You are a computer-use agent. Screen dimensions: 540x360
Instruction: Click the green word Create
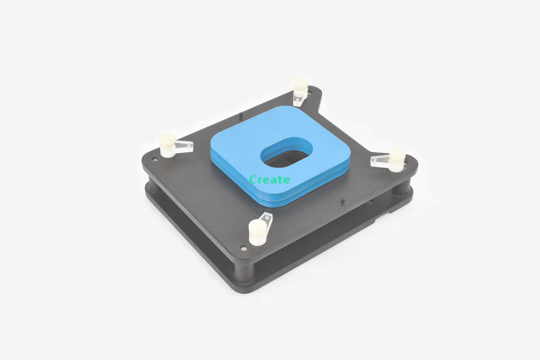269,180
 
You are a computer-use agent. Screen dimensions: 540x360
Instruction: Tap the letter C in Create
253,180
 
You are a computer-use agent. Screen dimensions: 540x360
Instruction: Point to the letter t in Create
279,180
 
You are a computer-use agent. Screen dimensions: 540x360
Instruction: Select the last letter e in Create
286,180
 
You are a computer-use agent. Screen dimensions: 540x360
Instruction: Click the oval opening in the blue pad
287,152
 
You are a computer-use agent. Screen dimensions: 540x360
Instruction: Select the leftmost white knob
168,145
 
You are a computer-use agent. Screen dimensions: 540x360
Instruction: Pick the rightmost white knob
397,159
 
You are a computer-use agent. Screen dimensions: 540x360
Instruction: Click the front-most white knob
258,232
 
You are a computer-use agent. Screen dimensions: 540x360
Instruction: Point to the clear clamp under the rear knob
298,100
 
